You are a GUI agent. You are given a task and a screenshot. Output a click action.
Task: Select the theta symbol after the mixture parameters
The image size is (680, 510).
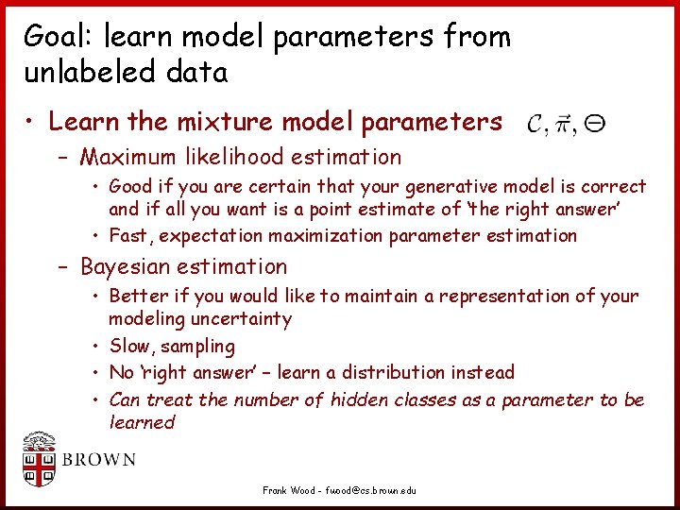tap(595, 122)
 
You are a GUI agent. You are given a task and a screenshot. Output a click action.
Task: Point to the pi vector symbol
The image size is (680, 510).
tap(564, 124)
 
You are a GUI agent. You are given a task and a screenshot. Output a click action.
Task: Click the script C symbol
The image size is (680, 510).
tap(535, 123)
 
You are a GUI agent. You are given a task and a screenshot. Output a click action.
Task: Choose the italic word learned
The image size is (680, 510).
tap(142, 422)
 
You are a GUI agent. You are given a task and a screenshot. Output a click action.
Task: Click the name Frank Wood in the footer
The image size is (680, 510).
tap(288, 491)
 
